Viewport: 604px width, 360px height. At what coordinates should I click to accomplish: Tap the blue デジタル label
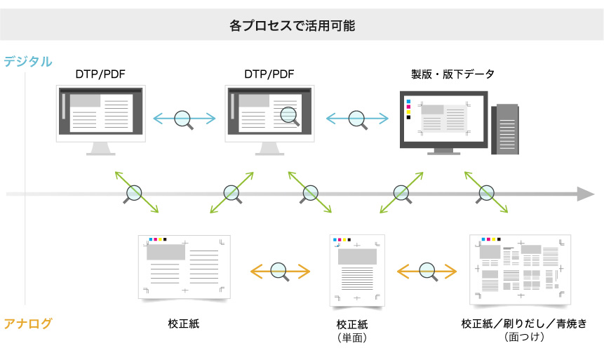coord(28,61)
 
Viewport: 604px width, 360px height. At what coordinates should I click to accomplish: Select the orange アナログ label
coord(28,324)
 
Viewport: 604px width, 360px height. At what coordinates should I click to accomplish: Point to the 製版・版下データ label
coord(452,74)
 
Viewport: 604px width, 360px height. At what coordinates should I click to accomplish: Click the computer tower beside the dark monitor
coord(506,129)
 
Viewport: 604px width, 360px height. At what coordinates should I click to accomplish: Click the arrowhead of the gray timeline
coord(586,194)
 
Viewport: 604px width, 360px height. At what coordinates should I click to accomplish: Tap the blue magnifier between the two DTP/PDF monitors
coord(184,119)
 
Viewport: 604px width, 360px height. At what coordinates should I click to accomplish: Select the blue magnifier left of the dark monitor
coord(357,119)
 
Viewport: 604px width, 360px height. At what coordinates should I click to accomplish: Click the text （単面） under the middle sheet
coord(352,338)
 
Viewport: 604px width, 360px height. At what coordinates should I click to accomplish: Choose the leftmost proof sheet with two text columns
coord(184,265)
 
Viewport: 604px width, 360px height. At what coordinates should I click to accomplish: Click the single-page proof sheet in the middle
coord(357,270)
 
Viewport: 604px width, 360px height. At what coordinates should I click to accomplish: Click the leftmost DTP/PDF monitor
coord(101,116)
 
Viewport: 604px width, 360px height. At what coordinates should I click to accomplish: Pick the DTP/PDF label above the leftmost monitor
coord(100,74)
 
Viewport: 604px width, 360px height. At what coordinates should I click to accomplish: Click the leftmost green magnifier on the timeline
coord(134,193)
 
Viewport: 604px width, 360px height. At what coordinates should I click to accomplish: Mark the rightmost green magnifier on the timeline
coord(485,193)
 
